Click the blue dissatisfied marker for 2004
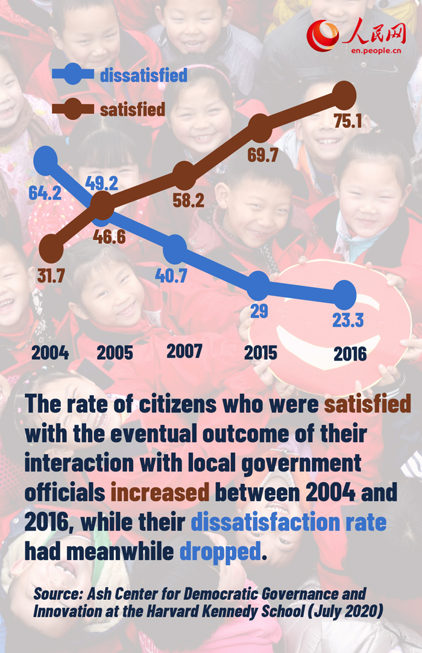46,160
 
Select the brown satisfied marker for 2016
344,95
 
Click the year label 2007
184,352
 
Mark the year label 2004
50,353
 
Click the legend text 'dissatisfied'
143,75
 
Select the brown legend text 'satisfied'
132,109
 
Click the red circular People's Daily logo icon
323,35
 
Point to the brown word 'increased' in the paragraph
160,493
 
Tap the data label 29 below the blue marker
259,311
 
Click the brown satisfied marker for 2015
260,127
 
